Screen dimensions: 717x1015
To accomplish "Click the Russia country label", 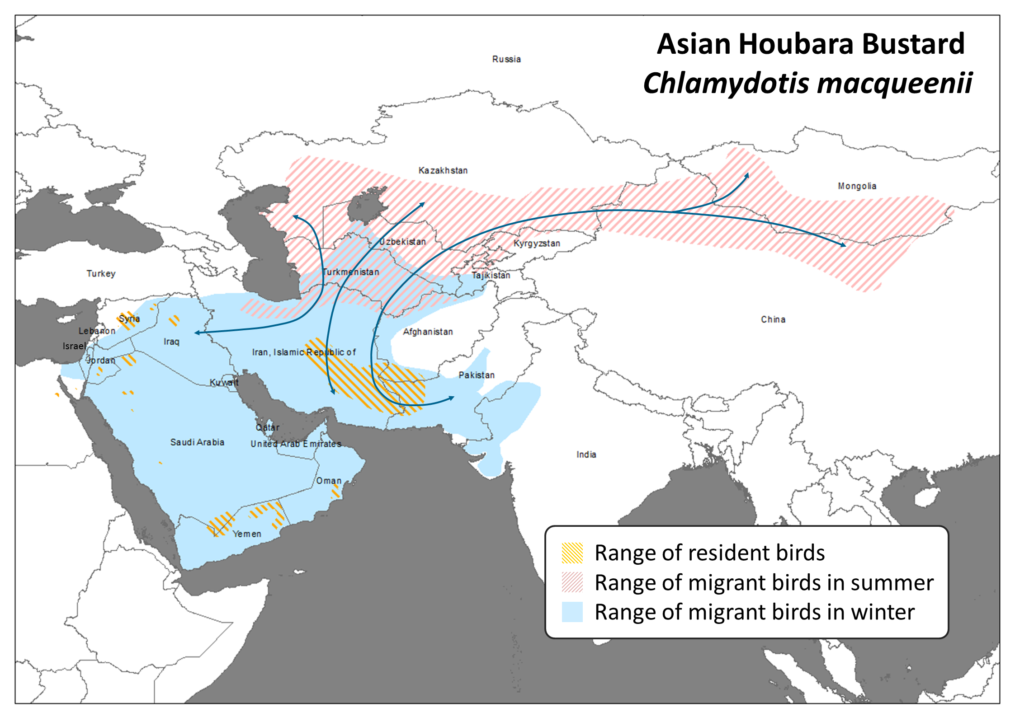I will coord(506,59).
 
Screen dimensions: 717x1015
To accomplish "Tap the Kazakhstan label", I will coord(443,170).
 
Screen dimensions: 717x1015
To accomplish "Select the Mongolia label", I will coord(857,186).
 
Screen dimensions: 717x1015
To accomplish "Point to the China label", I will coord(773,319).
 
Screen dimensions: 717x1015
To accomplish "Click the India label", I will coord(586,455).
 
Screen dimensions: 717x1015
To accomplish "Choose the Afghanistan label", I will coord(428,332).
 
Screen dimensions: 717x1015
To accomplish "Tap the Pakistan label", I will coord(477,375).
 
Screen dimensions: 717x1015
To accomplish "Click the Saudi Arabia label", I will coord(197,442).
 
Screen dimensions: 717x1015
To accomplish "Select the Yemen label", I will coord(247,534).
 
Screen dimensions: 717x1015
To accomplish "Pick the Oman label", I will coord(329,481).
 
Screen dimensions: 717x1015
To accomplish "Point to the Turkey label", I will coord(101,274).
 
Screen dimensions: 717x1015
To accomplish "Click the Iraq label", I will coord(171,342).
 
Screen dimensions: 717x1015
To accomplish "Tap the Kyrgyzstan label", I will coord(537,243).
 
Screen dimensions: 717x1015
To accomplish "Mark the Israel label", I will coord(74,346).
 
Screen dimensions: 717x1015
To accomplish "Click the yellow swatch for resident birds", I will coord(572,553).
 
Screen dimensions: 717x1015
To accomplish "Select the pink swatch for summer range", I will coord(572,582).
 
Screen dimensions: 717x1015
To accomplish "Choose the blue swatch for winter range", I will coord(572,612).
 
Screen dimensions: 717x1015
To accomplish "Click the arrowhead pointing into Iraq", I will coord(197,333).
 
